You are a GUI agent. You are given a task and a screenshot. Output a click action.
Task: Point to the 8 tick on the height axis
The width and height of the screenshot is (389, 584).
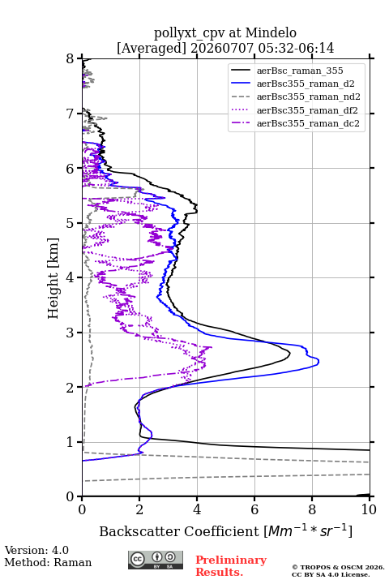[70, 59]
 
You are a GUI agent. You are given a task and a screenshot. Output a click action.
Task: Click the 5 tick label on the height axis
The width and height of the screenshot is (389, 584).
[70, 223]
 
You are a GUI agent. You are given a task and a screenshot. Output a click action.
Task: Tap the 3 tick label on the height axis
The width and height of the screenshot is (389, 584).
[70, 333]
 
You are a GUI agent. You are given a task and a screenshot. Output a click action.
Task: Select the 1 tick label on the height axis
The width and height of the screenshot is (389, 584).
[70, 442]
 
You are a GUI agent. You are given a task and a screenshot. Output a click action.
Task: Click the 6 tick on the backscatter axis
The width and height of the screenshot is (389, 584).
[254, 509]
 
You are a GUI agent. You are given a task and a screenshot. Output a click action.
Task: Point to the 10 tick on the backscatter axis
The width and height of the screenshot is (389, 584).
[369, 509]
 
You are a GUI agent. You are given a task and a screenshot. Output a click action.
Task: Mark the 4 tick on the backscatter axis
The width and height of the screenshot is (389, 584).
[197, 509]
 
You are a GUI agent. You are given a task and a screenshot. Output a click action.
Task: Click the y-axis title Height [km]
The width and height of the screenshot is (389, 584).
[53, 278]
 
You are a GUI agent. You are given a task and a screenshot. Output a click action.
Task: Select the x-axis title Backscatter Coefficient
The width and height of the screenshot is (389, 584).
[179, 531]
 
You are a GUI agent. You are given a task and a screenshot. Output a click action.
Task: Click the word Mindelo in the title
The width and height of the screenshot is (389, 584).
[271, 32]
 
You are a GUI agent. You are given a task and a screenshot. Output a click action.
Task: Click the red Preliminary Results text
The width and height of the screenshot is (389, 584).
[231, 566]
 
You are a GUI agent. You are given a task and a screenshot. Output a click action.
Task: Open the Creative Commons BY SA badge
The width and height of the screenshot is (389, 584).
[156, 560]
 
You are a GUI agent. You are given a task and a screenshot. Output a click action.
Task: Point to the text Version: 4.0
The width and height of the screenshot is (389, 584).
[36, 550]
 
